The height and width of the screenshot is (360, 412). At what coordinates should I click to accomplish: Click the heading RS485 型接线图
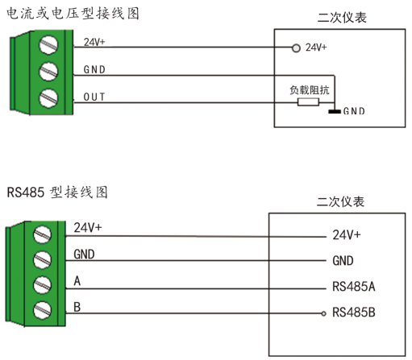[x=57, y=192]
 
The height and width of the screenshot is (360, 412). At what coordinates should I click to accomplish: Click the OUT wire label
[x=95, y=97]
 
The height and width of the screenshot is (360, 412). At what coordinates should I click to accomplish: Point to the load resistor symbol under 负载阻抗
[x=308, y=102]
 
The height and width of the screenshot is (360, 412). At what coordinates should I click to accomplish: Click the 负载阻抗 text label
[x=309, y=89]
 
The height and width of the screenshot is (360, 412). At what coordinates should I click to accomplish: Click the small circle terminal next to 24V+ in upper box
[x=297, y=48]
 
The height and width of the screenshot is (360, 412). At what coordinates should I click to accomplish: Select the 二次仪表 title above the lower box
[x=342, y=200]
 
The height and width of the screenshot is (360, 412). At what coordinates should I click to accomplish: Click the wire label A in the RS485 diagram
[x=77, y=280]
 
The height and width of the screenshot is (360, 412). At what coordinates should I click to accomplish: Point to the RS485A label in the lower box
[x=354, y=287]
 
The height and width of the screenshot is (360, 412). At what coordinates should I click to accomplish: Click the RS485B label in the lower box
[x=354, y=312]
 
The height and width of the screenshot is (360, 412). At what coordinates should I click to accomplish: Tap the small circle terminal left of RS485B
[x=324, y=312]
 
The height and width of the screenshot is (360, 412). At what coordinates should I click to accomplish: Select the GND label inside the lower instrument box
[x=343, y=261]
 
